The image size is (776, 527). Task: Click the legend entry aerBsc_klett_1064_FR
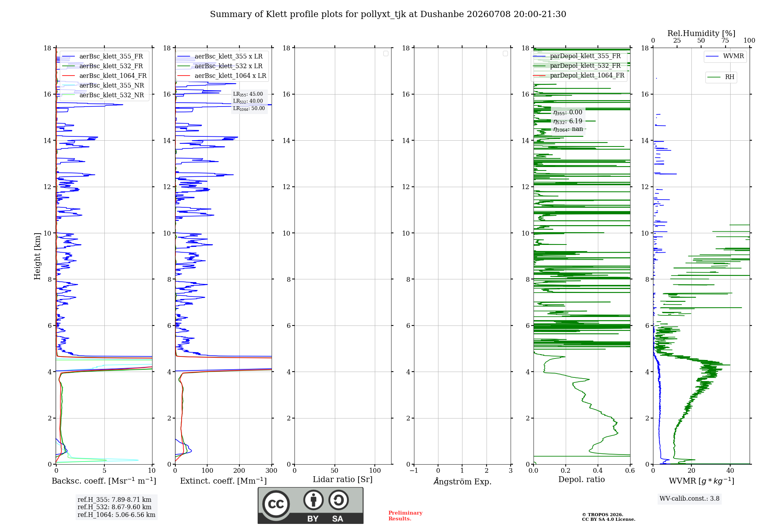tap(104, 76)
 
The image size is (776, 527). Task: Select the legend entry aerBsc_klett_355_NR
tap(103, 85)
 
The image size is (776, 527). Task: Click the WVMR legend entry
tap(725, 56)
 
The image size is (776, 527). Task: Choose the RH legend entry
tap(721, 77)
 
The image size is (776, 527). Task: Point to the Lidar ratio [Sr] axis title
tap(343, 479)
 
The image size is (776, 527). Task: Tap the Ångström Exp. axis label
tap(462, 481)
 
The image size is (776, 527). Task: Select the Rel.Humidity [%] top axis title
tap(701, 33)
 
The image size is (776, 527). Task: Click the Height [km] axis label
tap(37, 256)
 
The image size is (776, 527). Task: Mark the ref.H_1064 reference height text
tap(116, 515)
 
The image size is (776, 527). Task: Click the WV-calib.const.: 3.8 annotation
tap(689, 498)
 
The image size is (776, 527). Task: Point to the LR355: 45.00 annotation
tap(248, 94)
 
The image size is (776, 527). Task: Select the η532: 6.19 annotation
tap(568, 121)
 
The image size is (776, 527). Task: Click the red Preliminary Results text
tap(405, 516)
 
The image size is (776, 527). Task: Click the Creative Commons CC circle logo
tap(276, 504)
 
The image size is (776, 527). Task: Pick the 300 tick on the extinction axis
tap(272, 471)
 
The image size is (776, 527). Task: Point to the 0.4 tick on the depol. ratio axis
tap(598, 471)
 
